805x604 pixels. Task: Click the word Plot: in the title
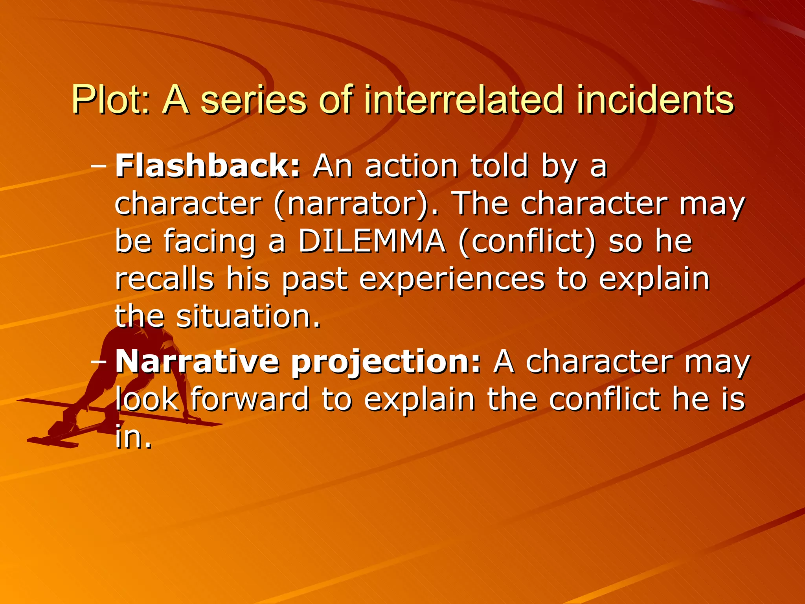110,100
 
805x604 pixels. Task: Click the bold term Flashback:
208,166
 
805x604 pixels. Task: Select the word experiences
452,280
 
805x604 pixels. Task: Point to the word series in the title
253,100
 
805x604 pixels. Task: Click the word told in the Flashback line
499,166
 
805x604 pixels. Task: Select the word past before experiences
315,280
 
